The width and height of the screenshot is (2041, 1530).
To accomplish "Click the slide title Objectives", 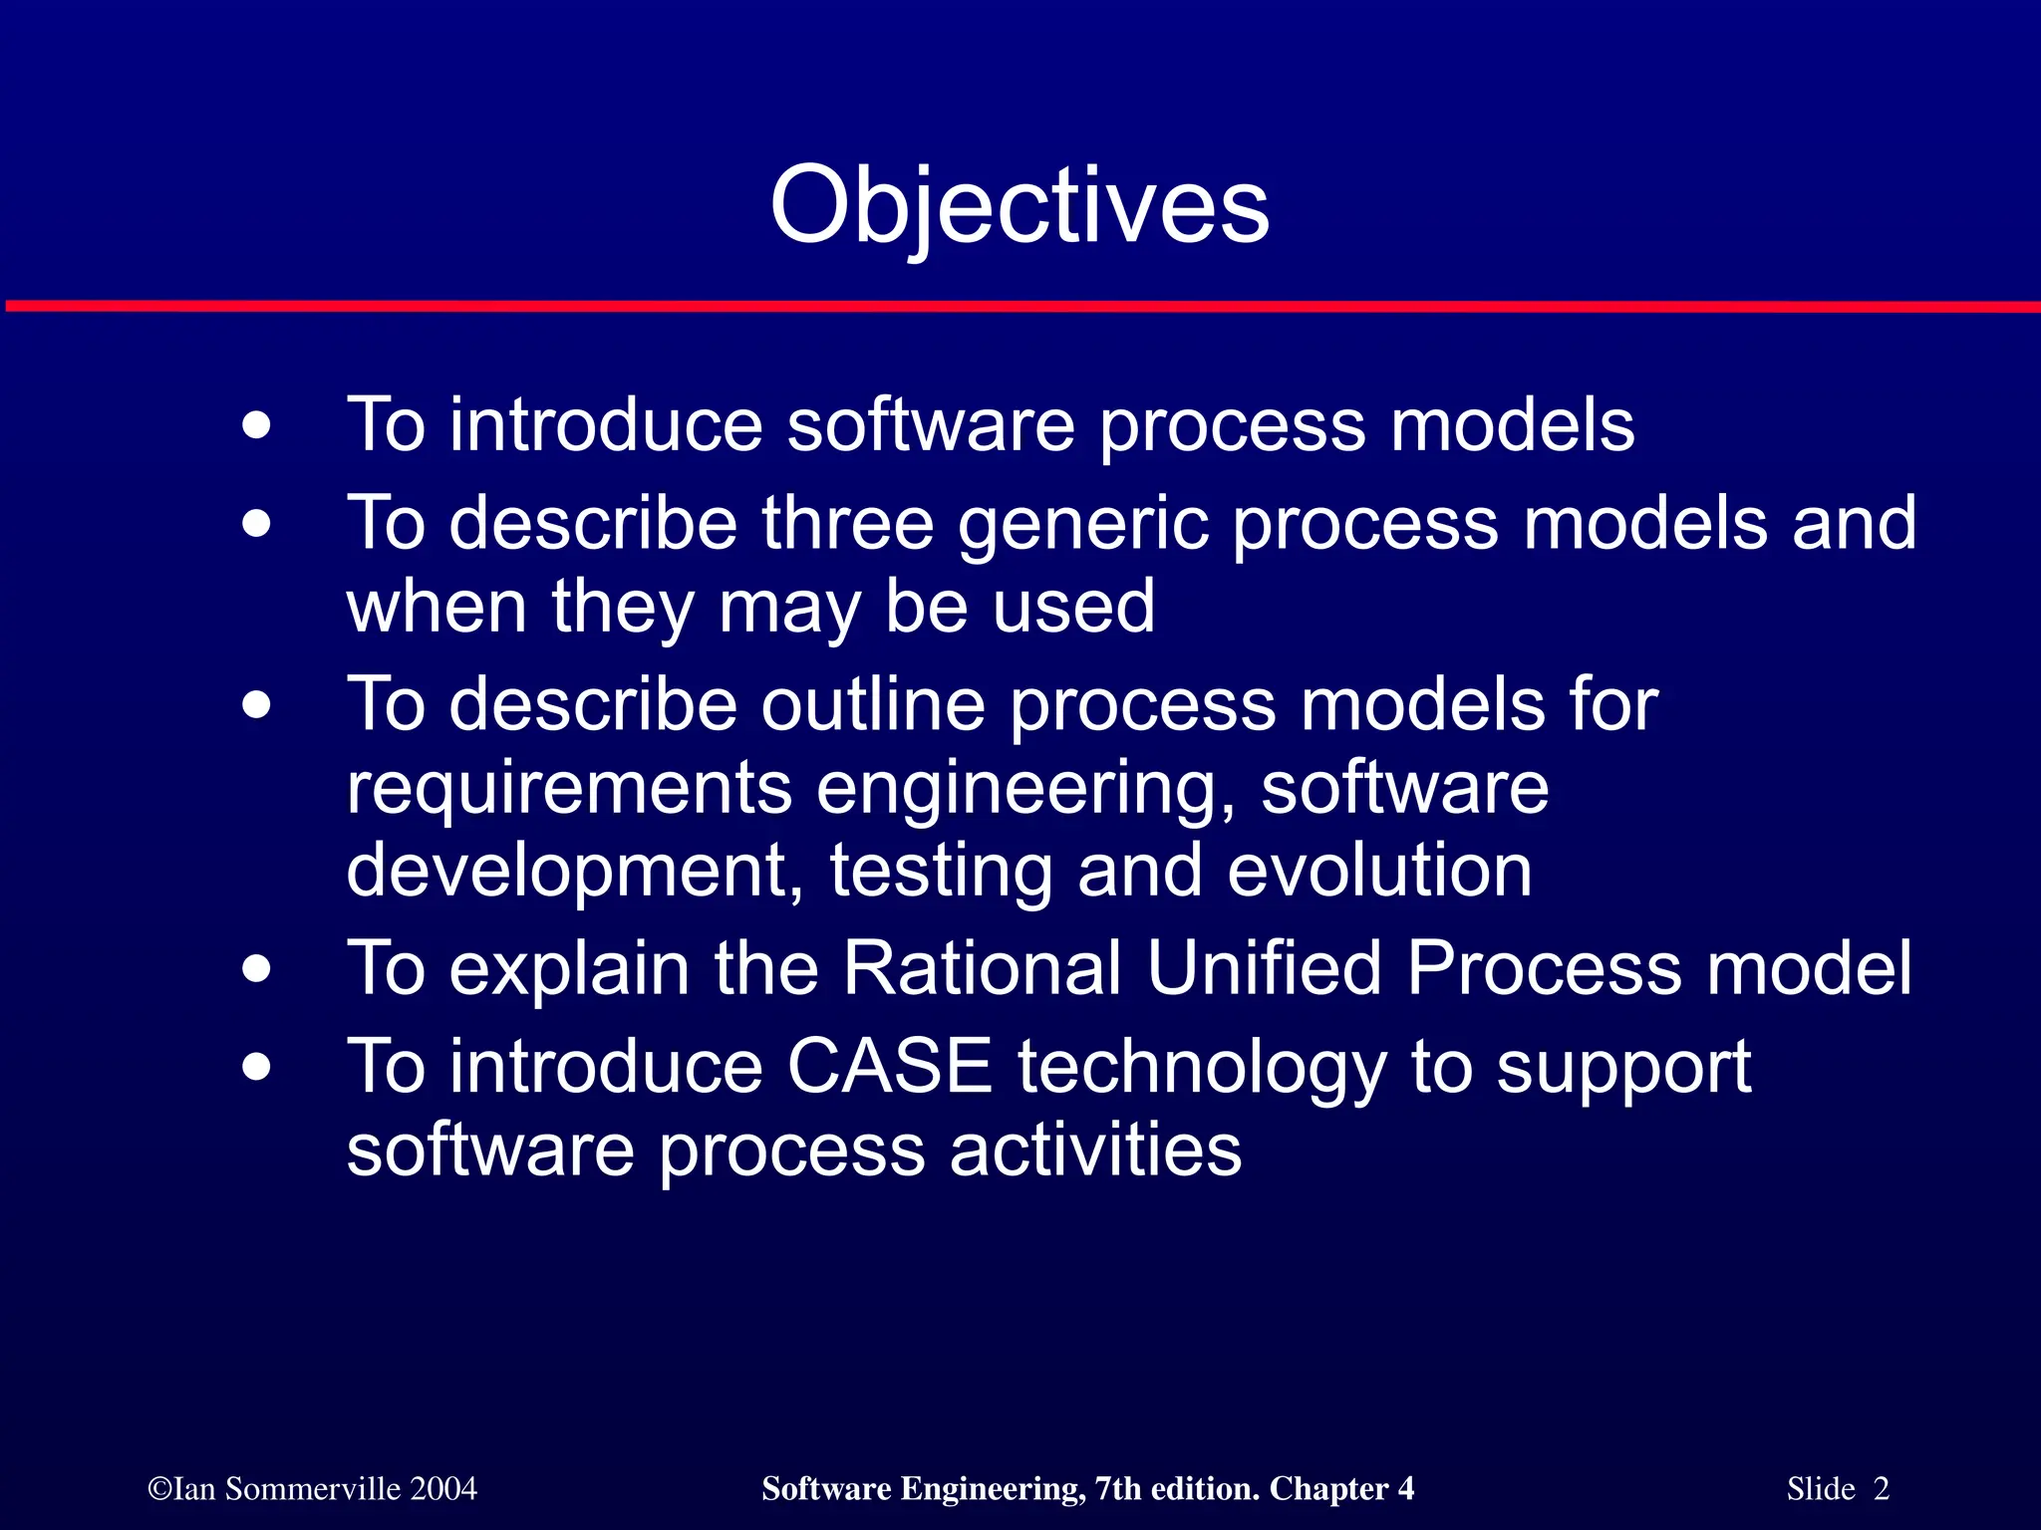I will coord(1020,205).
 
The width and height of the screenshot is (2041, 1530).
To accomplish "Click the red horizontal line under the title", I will coord(1020,306).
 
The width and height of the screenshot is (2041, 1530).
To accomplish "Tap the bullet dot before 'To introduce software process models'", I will coord(256,426).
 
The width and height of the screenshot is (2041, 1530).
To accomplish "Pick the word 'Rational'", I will coord(982,968).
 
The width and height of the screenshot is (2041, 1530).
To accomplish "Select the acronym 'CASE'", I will coord(889,1067).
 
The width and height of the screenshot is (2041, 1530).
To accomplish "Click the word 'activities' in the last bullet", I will coord(1095,1150).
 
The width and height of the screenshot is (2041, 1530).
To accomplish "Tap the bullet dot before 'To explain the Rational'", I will coord(256,969).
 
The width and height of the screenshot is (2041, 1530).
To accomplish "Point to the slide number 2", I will coord(1881,1489).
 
